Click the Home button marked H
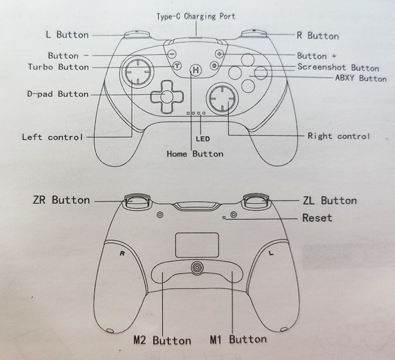click(196, 71)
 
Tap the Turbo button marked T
click(177, 66)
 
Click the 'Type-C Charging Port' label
click(196, 16)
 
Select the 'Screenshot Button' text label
click(338, 68)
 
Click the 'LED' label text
click(202, 139)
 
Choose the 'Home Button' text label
click(195, 154)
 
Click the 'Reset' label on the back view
click(316, 217)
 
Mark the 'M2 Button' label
click(162, 340)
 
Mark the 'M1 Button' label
click(238, 339)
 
